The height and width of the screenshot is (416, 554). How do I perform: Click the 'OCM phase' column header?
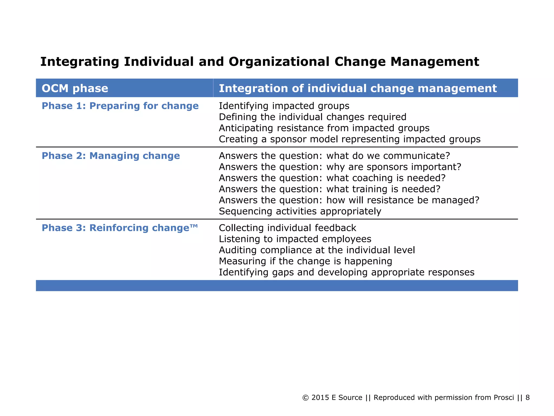(75, 88)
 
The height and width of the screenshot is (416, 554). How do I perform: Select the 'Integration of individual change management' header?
(358, 88)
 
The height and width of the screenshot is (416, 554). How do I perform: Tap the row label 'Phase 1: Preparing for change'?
(120, 106)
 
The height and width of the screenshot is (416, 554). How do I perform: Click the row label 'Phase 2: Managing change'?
(111, 156)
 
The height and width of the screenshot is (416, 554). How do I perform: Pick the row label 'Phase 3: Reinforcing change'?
(120, 228)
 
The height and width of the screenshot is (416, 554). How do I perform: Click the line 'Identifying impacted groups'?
(284, 106)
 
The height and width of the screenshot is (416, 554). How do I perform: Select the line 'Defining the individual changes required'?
(312, 117)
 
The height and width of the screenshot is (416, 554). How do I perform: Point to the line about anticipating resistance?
(324, 128)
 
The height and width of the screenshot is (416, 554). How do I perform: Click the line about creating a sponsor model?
(349, 139)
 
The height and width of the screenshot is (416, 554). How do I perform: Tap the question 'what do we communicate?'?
(388, 156)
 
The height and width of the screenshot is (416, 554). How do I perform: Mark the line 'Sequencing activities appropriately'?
(300, 211)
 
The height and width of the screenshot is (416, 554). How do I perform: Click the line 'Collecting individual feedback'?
(287, 228)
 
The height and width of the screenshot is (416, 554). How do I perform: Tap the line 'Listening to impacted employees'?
(295, 239)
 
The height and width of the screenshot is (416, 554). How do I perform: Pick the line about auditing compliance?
(317, 250)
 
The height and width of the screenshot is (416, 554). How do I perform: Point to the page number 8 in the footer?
(527, 398)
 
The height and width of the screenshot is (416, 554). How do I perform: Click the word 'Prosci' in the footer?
(504, 398)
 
